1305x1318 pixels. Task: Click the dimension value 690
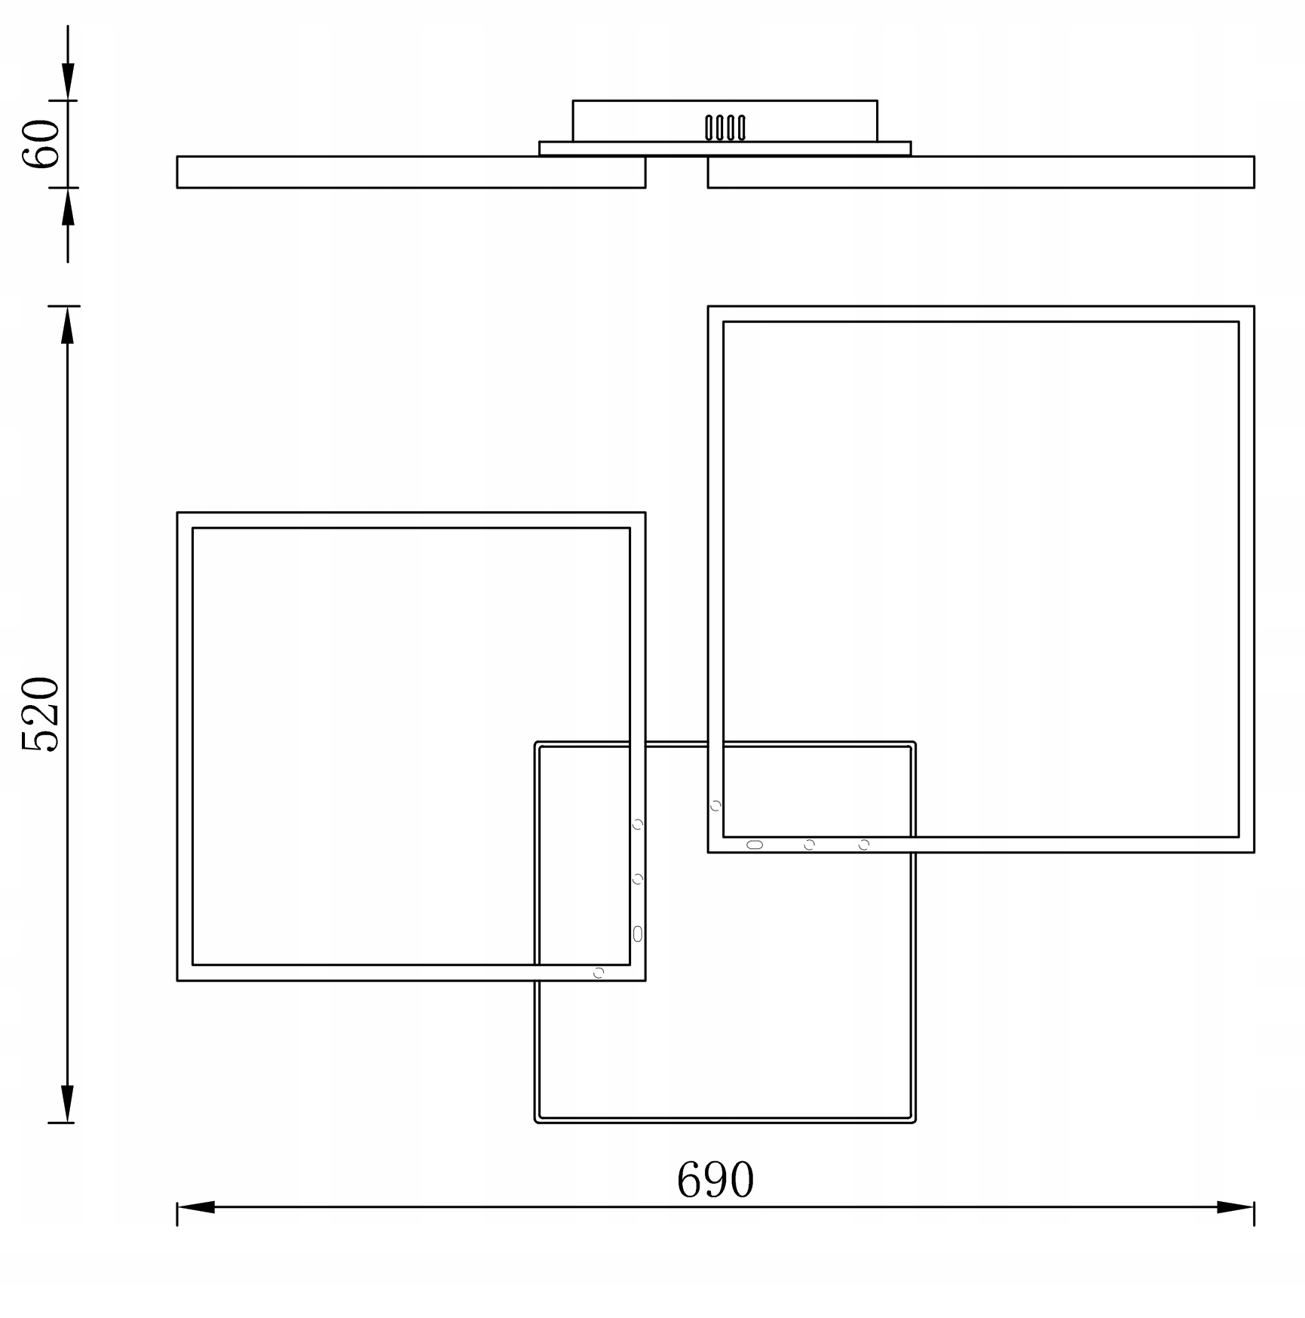pyautogui.click(x=715, y=1180)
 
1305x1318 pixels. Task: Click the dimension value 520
pyautogui.click(x=41, y=714)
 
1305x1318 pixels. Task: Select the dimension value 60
pyautogui.click(x=41, y=144)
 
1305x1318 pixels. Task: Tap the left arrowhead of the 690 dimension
pyautogui.click(x=196, y=1207)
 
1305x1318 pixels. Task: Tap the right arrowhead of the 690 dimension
pyautogui.click(x=1235, y=1207)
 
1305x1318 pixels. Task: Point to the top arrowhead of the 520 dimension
pyautogui.click(x=68, y=325)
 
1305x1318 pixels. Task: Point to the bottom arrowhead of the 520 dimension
pyautogui.click(x=68, y=1104)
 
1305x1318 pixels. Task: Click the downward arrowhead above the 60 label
pyautogui.click(x=68, y=81)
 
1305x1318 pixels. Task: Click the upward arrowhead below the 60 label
pyautogui.click(x=68, y=207)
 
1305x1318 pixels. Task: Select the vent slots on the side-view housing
pyautogui.click(x=725, y=128)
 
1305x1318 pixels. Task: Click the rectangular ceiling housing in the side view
pyautogui.click(x=724, y=121)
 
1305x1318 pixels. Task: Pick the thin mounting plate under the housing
pyautogui.click(x=724, y=149)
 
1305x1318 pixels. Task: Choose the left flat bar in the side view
pyautogui.click(x=411, y=172)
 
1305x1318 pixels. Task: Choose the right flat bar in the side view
pyautogui.click(x=981, y=172)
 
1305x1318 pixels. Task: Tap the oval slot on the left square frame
pyautogui.click(x=638, y=934)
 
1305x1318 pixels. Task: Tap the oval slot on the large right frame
pyautogui.click(x=755, y=844)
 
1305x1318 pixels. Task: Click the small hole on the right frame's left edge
pyautogui.click(x=715, y=806)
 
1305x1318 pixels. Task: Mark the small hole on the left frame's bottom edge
pyautogui.click(x=599, y=973)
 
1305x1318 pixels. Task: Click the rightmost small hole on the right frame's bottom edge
pyautogui.click(x=864, y=844)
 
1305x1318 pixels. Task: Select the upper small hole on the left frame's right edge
pyautogui.click(x=638, y=824)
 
